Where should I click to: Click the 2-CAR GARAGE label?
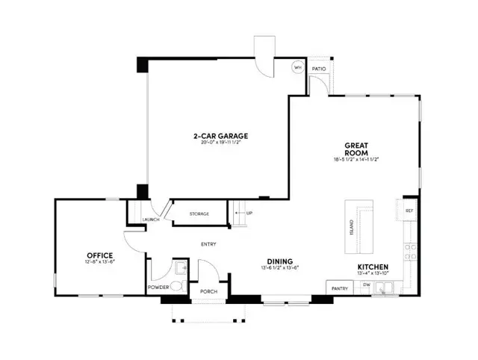click(x=220, y=136)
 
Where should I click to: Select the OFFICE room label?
click(x=100, y=255)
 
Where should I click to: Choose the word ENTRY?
click(x=208, y=244)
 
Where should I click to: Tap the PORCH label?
click(x=208, y=291)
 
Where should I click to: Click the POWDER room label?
click(x=157, y=286)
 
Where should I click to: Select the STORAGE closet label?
click(x=199, y=214)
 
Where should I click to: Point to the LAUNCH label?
click(x=152, y=220)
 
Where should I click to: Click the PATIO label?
click(x=319, y=68)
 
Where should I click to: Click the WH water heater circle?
click(x=297, y=67)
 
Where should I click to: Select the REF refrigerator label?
click(x=409, y=211)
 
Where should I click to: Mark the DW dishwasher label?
click(x=366, y=285)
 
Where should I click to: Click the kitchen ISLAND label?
click(x=352, y=227)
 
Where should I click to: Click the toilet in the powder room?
click(x=176, y=285)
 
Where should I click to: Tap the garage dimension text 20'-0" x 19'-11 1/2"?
click(x=220, y=143)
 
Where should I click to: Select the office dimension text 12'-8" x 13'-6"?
click(x=100, y=263)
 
